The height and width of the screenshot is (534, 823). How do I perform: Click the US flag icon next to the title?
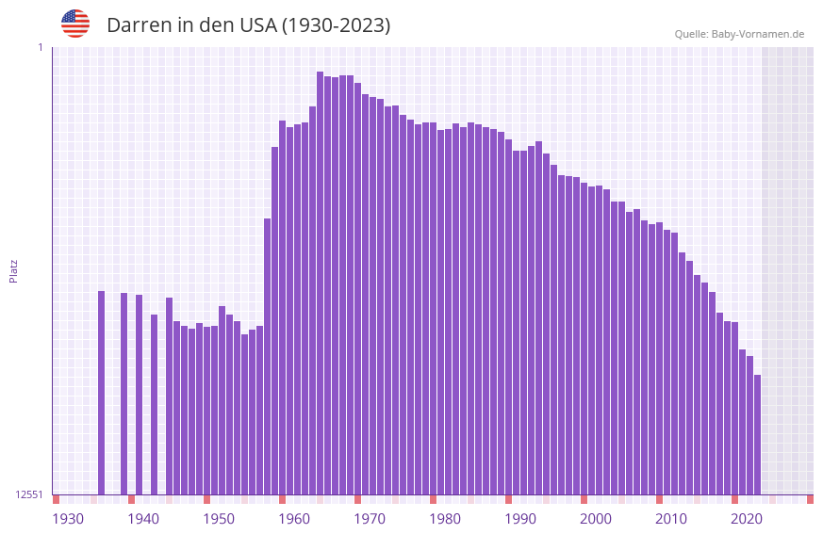(x=75, y=24)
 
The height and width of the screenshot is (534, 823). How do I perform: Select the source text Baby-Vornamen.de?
(x=758, y=34)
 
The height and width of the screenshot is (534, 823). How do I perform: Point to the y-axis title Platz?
(x=13, y=270)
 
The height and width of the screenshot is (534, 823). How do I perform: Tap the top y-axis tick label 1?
(x=40, y=47)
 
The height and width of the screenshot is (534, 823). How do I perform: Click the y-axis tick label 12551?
(x=29, y=494)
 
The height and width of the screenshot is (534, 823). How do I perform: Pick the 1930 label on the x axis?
(x=68, y=519)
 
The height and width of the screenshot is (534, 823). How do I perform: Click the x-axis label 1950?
(x=219, y=519)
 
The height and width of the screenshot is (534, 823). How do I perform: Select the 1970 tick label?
(x=370, y=519)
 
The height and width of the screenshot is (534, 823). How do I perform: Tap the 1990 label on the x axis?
(x=520, y=519)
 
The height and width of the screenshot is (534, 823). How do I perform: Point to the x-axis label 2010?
(x=671, y=519)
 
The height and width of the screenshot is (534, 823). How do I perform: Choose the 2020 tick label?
(x=747, y=519)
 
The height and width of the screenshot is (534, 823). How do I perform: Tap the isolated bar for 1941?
(x=155, y=404)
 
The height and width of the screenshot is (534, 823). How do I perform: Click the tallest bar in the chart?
(x=321, y=283)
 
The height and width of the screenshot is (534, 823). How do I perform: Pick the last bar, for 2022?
(x=757, y=434)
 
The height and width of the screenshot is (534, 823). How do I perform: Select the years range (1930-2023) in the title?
(x=336, y=25)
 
